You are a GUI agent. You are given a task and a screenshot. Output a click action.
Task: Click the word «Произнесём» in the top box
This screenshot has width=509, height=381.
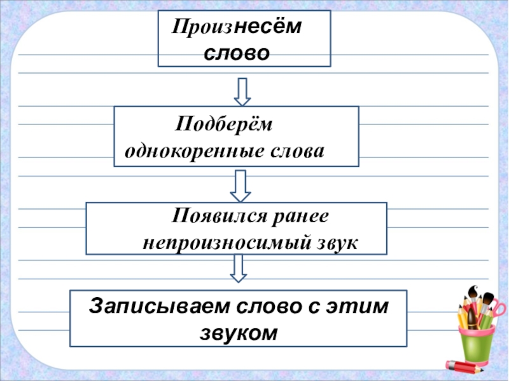point(236,28)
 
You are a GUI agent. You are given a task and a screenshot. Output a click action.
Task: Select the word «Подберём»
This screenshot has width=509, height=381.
point(223,124)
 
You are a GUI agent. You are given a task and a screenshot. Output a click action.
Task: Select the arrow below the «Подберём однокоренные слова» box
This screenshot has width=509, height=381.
point(240,185)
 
